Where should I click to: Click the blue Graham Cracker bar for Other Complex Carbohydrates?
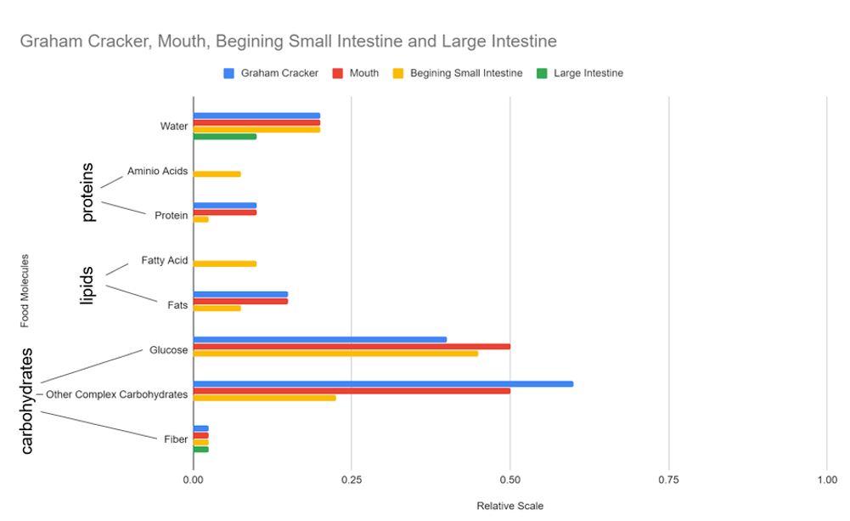(382, 383)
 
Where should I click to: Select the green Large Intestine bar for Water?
(224, 136)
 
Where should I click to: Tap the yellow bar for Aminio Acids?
(217, 174)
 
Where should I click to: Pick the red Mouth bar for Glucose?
(351, 346)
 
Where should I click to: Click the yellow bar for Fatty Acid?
(224, 263)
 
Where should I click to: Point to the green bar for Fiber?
(200, 449)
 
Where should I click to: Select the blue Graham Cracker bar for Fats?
(240, 294)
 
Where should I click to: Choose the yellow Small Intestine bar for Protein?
(200, 219)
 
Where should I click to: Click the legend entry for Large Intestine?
(588, 73)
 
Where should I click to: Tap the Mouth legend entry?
(363, 73)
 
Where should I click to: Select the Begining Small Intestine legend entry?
(466, 73)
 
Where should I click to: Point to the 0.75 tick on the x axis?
(668, 479)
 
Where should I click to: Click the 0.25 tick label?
(352, 479)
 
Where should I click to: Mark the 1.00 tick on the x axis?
(826, 479)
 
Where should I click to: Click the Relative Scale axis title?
(509, 506)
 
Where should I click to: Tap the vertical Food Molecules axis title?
(25, 290)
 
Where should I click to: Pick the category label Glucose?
(168, 350)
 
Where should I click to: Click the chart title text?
(289, 41)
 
